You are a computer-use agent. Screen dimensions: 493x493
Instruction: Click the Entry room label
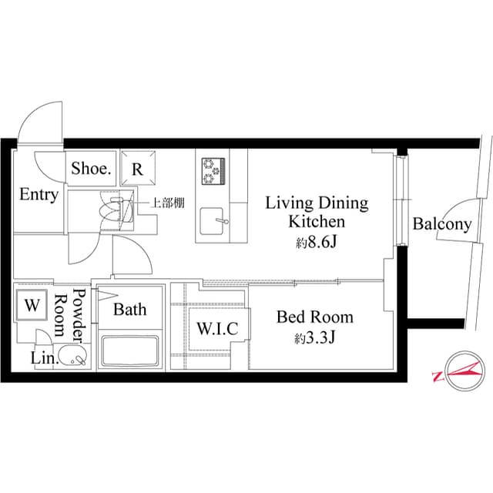[39, 195]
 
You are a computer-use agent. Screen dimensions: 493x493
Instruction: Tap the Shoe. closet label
[92, 169]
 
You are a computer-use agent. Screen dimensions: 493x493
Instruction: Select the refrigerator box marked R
[136, 169]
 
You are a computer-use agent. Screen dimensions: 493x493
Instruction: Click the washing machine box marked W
[32, 305]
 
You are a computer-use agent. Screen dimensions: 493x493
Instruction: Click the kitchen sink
[213, 224]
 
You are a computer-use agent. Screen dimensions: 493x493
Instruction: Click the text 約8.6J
[316, 243]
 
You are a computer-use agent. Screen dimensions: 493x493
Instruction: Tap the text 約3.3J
[314, 338]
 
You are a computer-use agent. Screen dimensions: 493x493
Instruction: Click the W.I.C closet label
[217, 328]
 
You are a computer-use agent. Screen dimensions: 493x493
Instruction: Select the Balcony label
[441, 224]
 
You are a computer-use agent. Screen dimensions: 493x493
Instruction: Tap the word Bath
[129, 310]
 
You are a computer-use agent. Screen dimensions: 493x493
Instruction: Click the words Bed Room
[314, 317]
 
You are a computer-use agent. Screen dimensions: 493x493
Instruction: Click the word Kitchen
[316, 223]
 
